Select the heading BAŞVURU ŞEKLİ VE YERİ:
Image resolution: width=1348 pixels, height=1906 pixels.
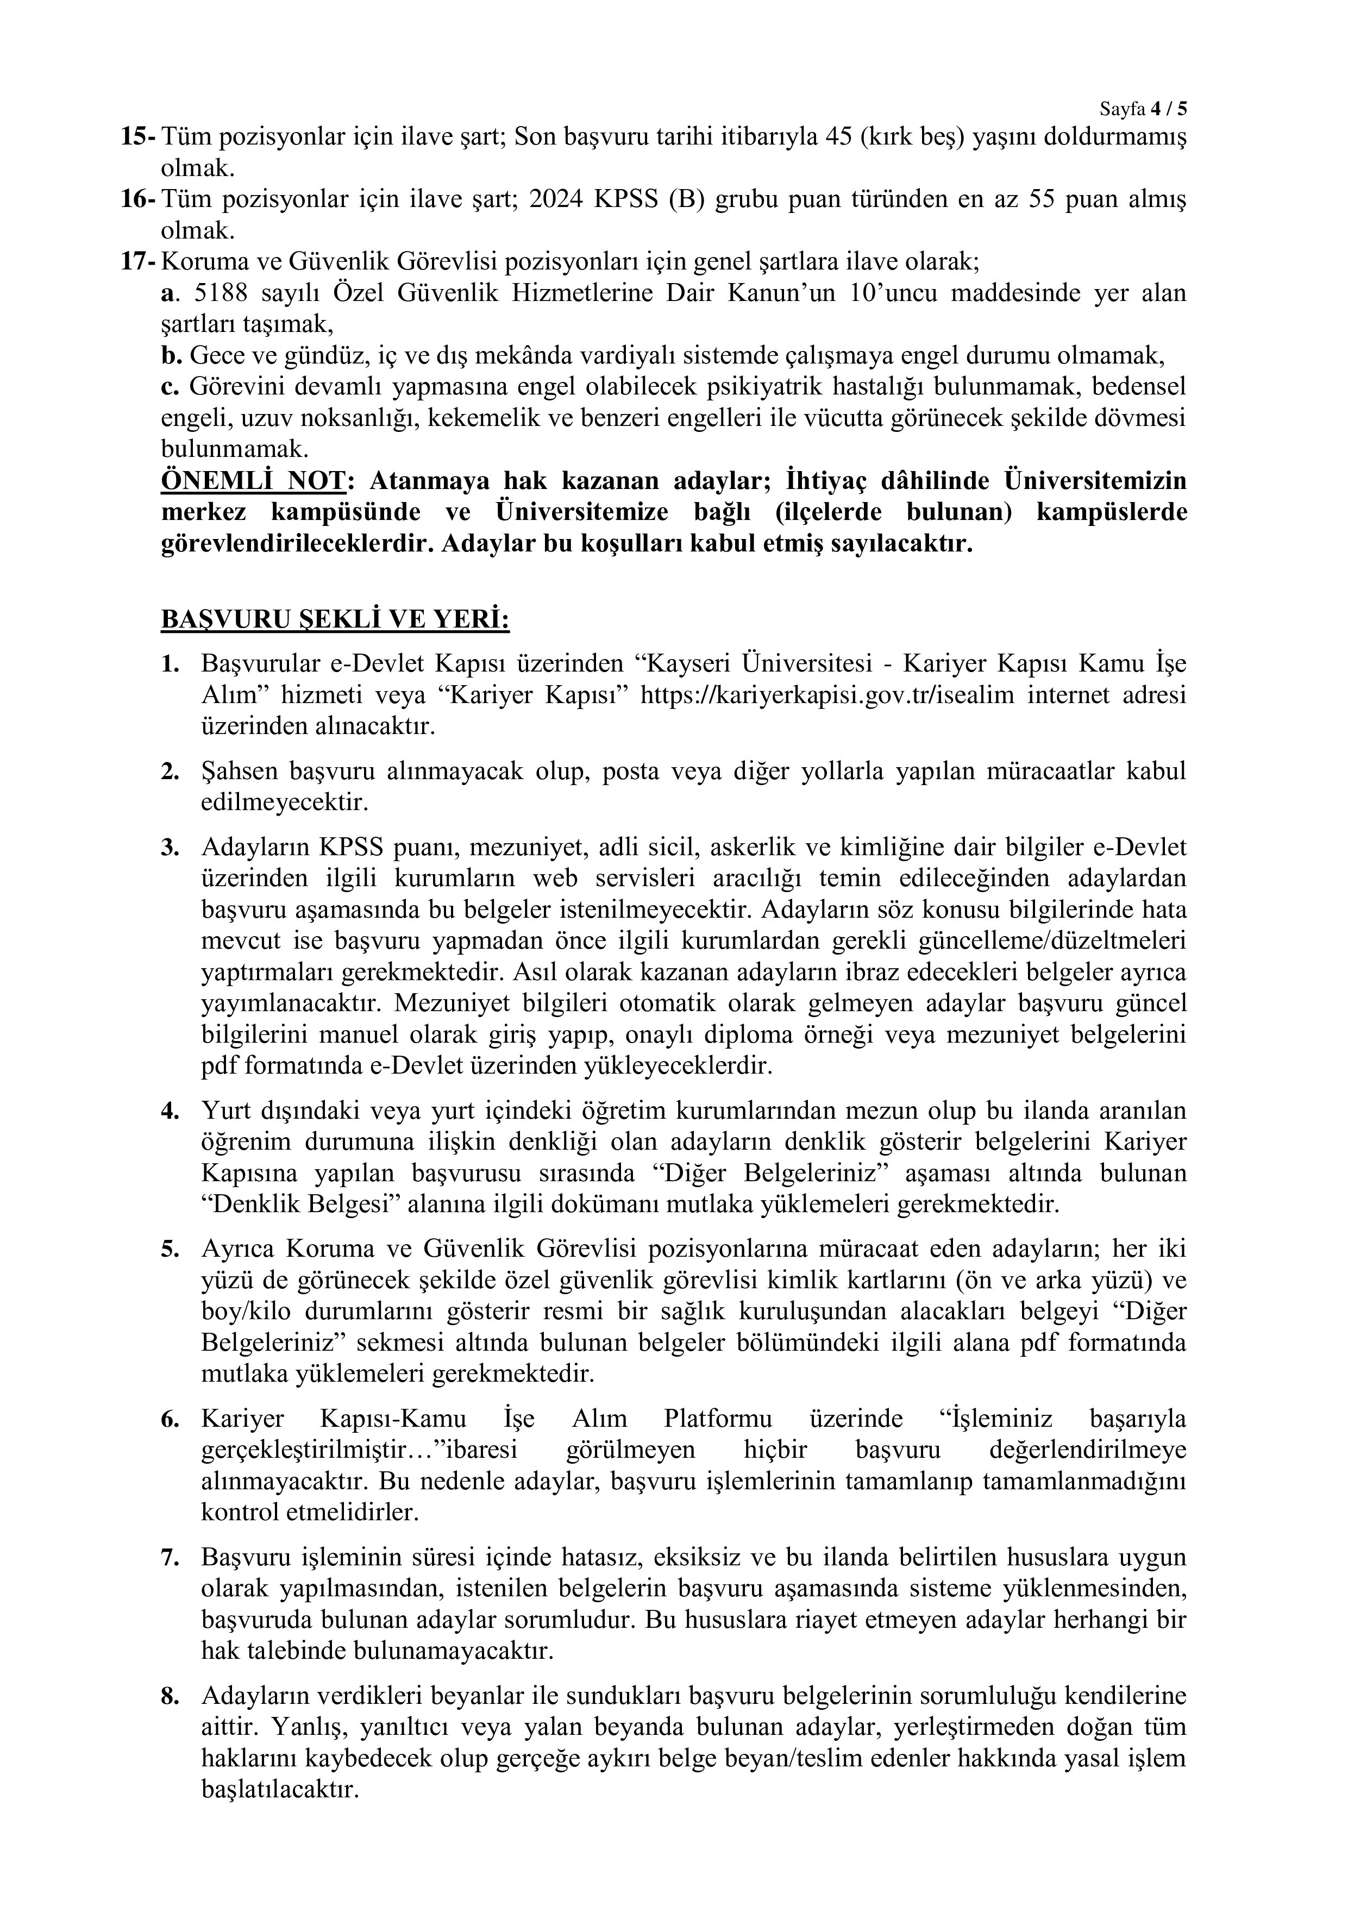(x=335, y=619)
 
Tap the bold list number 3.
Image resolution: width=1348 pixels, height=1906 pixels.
(x=170, y=848)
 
